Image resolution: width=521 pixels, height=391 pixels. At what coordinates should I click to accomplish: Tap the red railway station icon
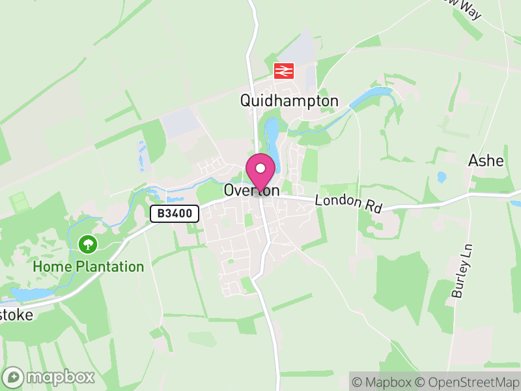(284, 70)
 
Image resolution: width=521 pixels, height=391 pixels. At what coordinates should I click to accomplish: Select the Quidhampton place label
(289, 100)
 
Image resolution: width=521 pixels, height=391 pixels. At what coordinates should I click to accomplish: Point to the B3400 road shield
(175, 214)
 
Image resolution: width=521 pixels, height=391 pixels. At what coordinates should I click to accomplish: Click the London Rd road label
(348, 203)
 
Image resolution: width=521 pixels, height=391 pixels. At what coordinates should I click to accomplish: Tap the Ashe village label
(486, 160)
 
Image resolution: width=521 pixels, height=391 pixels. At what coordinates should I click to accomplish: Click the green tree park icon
(88, 245)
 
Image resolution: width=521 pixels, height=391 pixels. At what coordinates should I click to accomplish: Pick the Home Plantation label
(89, 267)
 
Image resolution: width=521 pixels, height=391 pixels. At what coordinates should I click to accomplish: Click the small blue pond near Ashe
(442, 177)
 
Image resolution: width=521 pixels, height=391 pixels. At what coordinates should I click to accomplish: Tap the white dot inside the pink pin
(260, 168)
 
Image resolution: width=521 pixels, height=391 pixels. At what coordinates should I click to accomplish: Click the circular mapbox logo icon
(14, 377)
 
